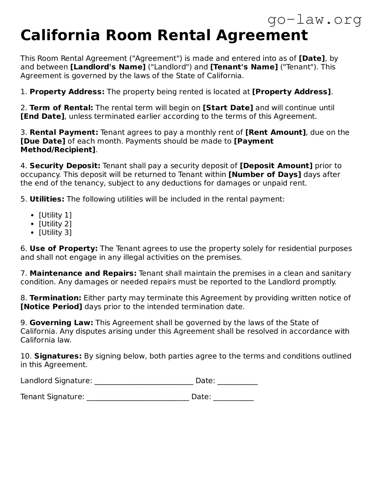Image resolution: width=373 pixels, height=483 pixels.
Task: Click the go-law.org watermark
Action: [x=314, y=20]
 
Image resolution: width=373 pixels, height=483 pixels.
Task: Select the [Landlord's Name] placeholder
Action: [x=108, y=67]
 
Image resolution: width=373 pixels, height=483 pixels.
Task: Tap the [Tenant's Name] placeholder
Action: [x=244, y=67]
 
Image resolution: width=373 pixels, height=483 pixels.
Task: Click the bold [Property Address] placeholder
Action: [x=291, y=92]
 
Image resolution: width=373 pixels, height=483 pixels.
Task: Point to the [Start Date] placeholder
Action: [x=228, y=108]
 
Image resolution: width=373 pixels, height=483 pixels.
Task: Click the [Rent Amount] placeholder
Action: [x=275, y=132]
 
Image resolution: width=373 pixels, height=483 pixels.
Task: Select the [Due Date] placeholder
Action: [x=43, y=141]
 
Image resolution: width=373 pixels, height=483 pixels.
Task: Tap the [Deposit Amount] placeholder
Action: [x=276, y=166]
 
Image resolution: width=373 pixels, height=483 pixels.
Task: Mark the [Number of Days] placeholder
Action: [x=265, y=174]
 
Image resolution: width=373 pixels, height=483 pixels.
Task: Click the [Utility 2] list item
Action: [x=55, y=224]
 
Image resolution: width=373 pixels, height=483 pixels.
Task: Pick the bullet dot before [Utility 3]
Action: [x=33, y=233]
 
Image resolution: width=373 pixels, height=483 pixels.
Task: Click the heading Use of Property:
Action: [x=64, y=249]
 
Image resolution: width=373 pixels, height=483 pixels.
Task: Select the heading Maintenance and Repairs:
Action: [x=83, y=273]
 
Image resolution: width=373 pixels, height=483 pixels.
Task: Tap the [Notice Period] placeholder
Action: [x=51, y=307]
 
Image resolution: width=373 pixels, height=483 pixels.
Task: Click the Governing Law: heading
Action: [x=61, y=323]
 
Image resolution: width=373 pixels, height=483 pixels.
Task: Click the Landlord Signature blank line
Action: [x=144, y=382]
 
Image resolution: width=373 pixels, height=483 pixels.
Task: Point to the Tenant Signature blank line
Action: [x=138, y=398]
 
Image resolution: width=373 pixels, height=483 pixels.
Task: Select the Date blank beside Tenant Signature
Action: [x=233, y=398]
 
